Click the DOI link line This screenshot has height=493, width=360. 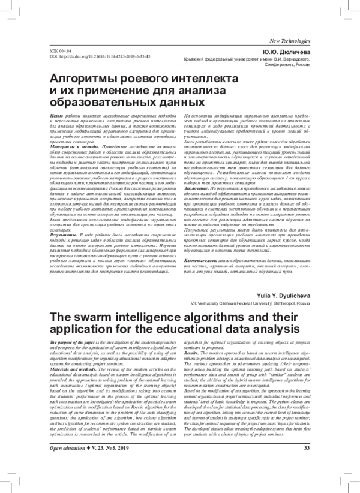pyautogui.click(x=99, y=57)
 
